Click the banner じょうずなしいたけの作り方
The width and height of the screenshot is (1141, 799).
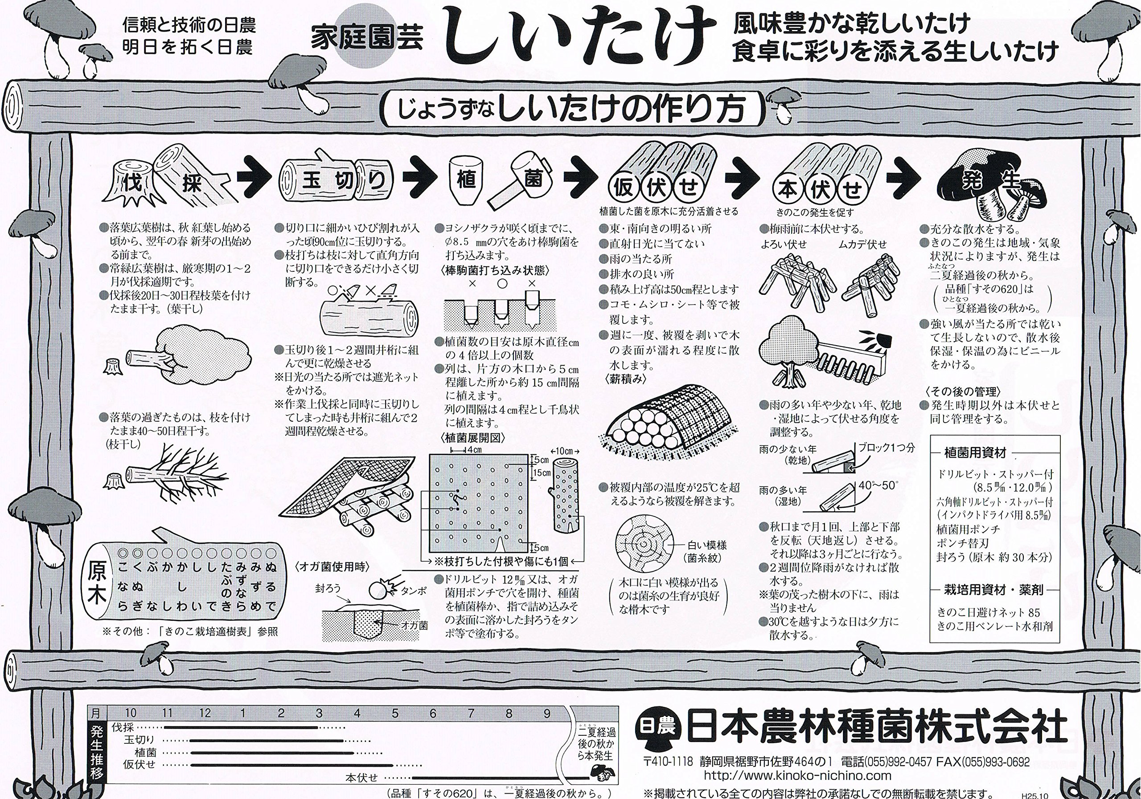571,110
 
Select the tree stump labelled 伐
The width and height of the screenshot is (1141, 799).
131,184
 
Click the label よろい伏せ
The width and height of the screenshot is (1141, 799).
784,245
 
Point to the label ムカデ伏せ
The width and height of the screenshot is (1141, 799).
862,245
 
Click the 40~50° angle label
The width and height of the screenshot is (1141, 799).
878,485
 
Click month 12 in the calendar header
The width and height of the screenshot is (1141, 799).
205,713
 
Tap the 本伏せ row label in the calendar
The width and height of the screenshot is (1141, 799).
362,778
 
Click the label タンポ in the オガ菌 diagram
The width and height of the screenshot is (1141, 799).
414,591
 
